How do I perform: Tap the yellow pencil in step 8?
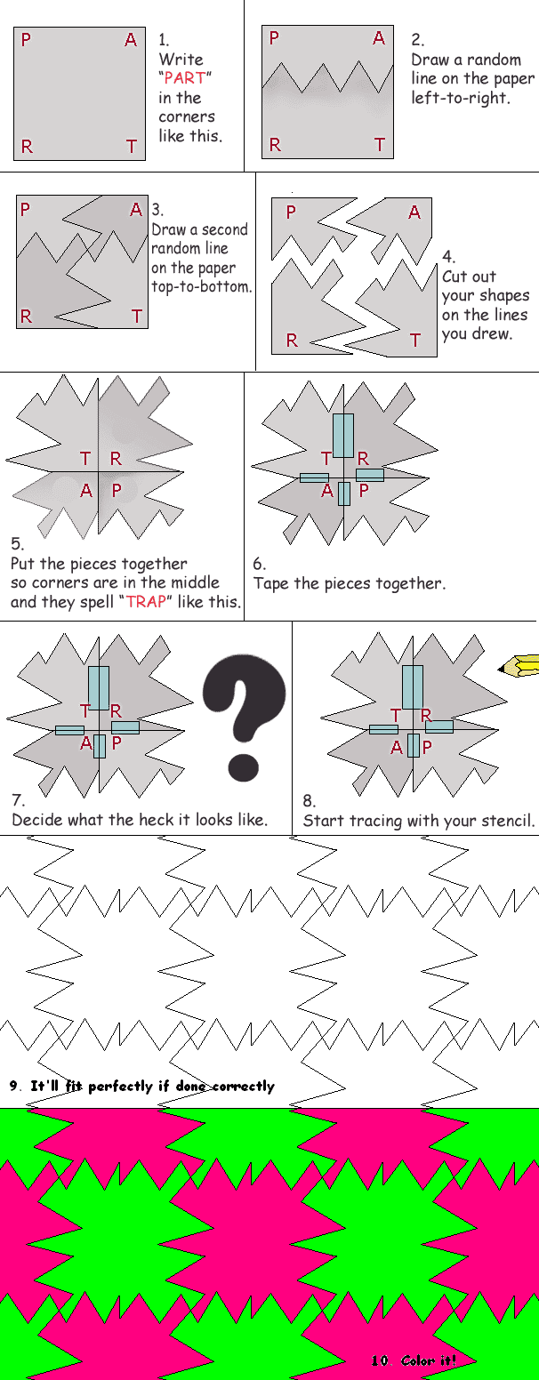click(519, 665)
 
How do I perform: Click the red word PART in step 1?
click(185, 77)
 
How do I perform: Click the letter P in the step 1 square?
click(26, 40)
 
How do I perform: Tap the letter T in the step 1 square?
click(132, 147)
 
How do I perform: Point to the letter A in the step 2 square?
click(379, 37)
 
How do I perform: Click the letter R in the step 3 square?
click(26, 317)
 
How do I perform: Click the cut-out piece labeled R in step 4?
click(302, 311)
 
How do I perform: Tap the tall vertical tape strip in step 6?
click(342, 436)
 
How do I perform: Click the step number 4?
click(447, 257)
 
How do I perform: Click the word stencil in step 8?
click(508, 821)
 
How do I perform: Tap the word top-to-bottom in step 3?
click(201, 287)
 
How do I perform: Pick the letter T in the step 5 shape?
click(85, 459)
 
